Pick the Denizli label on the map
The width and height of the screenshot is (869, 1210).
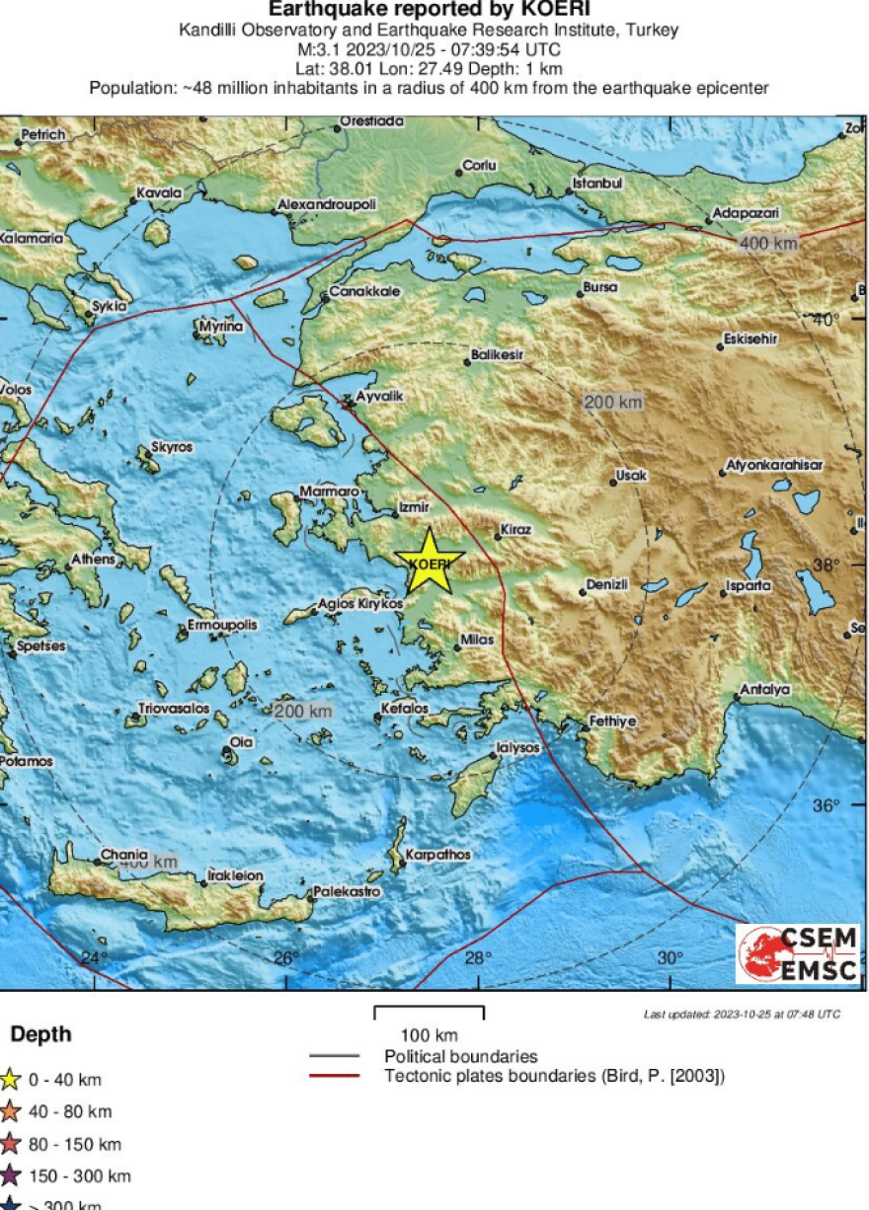click(606, 584)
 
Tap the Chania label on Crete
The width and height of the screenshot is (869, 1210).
click(123, 854)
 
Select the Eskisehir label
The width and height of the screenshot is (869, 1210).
click(750, 339)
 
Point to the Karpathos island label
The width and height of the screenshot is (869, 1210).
click(438, 855)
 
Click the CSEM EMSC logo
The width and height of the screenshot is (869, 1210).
click(798, 953)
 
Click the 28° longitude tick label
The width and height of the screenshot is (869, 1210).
click(478, 958)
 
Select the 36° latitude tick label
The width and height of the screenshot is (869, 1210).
click(826, 805)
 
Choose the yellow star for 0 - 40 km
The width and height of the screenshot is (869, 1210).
click(10, 1079)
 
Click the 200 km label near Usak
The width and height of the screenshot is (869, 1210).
click(612, 402)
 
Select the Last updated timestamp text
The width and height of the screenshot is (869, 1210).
click(742, 1014)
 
